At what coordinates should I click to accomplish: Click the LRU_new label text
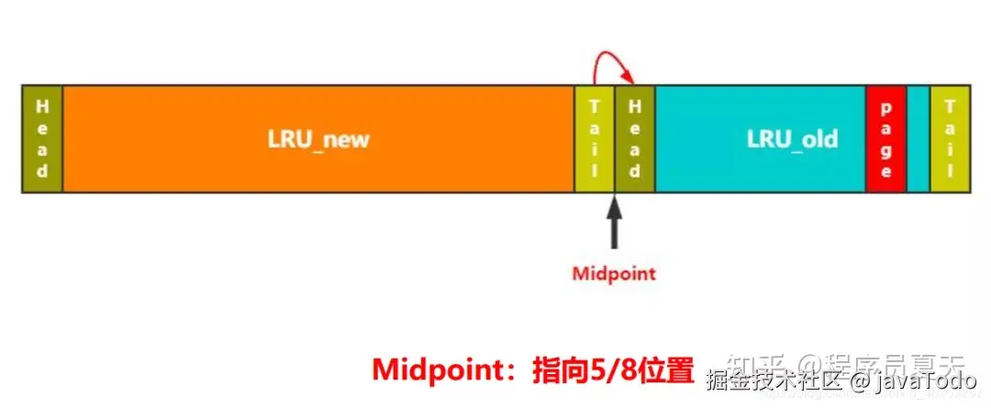[318, 140]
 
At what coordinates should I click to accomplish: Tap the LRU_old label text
[792, 139]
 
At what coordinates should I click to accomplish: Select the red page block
[885, 139]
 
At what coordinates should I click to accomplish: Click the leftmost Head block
[41, 139]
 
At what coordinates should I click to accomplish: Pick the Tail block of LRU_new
[594, 139]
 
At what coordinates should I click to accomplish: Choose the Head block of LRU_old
[634, 139]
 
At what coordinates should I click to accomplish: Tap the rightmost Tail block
[949, 139]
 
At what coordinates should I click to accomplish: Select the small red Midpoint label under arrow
[614, 273]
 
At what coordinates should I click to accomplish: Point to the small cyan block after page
[918, 139]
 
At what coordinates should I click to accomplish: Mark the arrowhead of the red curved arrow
[631, 80]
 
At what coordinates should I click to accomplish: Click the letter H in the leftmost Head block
[41, 105]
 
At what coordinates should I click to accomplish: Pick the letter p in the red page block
[885, 108]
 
